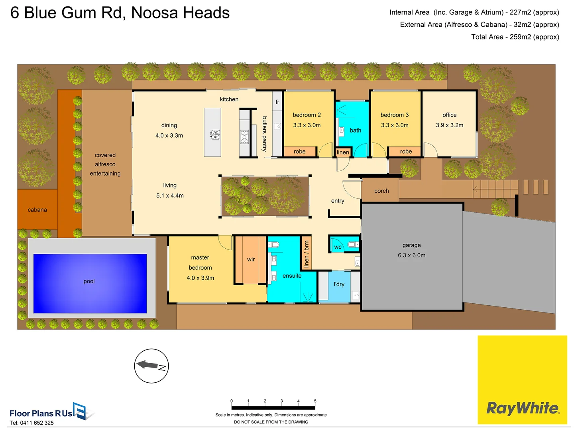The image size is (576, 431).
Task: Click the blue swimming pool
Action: tap(90, 283)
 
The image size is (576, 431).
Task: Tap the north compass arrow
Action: tap(147, 364)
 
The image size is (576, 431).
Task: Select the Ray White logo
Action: tap(522, 408)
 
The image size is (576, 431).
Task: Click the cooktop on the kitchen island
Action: tap(215, 134)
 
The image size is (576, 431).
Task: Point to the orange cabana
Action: tap(37, 210)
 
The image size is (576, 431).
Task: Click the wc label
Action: tap(338, 247)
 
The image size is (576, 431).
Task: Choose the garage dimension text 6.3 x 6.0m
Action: tap(411, 255)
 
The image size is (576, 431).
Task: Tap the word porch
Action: tap(381, 191)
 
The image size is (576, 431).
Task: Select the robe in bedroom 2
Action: tap(299, 152)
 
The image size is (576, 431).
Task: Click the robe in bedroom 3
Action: tap(406, 152)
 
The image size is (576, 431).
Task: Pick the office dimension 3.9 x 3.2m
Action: tap(449, 125)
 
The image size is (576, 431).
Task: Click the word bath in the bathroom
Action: tap(355, 130)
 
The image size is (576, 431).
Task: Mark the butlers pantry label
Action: tap(264, 134)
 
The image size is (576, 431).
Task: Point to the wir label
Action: tap(251, 259)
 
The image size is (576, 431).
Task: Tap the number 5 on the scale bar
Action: tap(315, 401)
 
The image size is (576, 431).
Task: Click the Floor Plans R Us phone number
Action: tap(31, 423)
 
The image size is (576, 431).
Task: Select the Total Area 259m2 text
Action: tap(515, 37)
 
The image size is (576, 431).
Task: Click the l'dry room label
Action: tap(339, 284)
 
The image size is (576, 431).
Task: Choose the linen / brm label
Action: tap(306, 254)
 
